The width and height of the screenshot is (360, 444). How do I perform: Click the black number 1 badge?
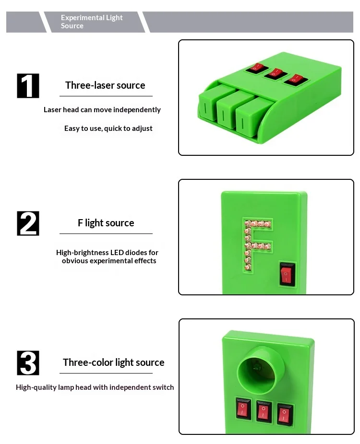point(28,86)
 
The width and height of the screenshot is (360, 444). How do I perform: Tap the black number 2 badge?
point(28,223)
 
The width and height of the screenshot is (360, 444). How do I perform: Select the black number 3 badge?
point(28,363)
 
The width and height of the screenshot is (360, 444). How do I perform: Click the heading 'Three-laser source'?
point(105,85)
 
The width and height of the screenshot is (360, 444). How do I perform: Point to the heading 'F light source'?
point(106,223)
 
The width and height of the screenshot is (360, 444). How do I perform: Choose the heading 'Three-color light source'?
point(114,362)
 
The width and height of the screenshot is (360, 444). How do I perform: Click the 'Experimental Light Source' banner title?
point(92,22)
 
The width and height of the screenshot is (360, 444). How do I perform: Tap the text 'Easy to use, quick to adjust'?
point(108,129)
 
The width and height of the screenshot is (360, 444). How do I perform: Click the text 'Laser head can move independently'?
point(102,110)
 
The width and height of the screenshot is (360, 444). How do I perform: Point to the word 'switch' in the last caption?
point(163,387)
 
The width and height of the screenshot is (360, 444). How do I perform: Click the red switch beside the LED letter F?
point(287,273)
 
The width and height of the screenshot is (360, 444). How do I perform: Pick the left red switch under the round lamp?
point(243,409)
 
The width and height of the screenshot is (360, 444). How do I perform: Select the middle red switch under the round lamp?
point(264,411)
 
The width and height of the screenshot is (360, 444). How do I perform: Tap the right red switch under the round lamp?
point(285,414)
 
